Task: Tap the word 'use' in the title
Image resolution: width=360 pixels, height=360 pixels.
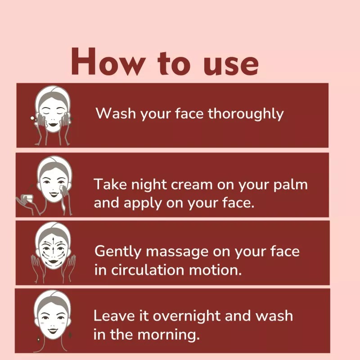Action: pos(231,65)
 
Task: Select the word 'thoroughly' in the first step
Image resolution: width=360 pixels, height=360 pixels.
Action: pos(246,114)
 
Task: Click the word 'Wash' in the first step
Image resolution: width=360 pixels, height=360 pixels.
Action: pos(116,113)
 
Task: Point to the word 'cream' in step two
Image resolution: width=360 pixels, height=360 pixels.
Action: pos(192,185)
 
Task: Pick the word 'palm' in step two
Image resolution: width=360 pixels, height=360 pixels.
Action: pos(290,185)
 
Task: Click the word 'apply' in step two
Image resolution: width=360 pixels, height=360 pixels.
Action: pos(143,204)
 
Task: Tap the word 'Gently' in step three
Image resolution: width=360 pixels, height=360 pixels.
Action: pos(118,252)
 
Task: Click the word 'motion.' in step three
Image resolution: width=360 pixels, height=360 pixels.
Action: pos(216,270)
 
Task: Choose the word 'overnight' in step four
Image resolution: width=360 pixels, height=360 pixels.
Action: pos(186,316)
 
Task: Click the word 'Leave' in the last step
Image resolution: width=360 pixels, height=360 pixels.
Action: pos(114,316)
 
